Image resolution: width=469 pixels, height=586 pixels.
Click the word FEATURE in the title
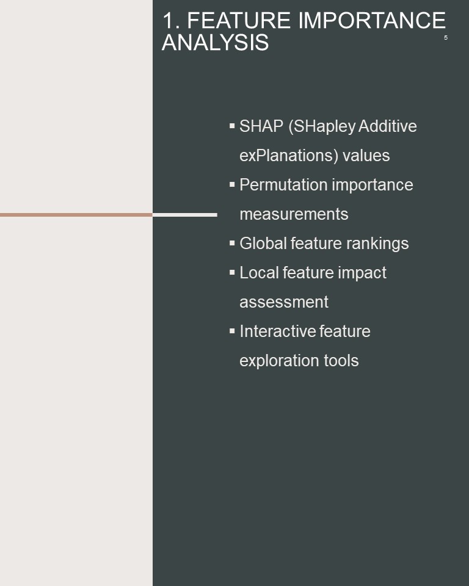[239, 20]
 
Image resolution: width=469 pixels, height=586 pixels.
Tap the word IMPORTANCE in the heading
[372, 20]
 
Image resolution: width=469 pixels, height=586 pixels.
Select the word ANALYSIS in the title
[215, 42]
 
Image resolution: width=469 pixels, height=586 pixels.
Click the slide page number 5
[445, 38]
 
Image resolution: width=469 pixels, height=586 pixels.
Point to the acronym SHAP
[261, 126]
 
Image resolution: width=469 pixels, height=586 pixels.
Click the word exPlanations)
[289, 156]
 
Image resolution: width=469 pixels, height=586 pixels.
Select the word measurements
[294, 214]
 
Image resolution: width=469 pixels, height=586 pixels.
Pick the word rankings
[377, 244]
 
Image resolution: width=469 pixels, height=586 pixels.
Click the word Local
[259, 272]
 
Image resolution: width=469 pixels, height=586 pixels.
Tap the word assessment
[284, 302]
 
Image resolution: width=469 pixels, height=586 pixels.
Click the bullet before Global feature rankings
[232, 244]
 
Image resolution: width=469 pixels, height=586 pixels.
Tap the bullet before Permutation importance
[232, 184]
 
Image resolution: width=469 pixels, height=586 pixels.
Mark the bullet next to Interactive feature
[232, 331]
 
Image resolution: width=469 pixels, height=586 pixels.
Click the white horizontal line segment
[185, 215]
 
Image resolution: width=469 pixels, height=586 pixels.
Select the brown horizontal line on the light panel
[76, 215]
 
